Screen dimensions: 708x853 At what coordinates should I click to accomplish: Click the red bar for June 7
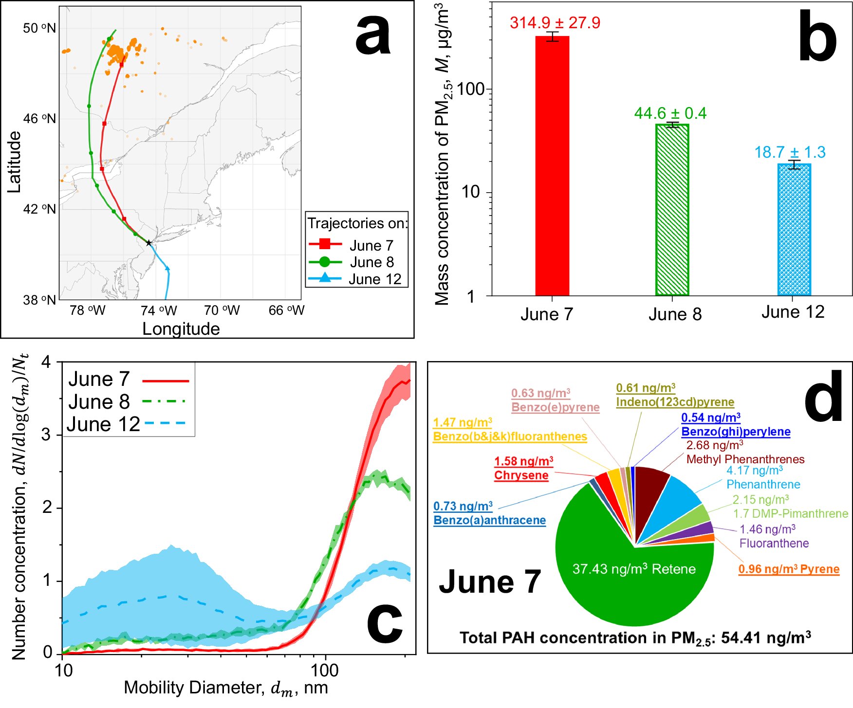pos(552,165)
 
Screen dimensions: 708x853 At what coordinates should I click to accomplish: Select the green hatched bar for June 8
pos(672,209)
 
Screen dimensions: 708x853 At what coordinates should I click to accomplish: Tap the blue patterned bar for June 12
pos(794,229)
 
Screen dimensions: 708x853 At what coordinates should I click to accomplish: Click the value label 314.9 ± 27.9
pos(555,23)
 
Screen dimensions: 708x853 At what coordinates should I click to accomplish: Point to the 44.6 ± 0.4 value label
pos(670,113)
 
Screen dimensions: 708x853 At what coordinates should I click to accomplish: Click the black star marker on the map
pos(149,243)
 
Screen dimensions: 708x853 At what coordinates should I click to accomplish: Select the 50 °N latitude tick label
pos(39,28)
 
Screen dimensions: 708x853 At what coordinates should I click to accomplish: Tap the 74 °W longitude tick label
pos(159,310)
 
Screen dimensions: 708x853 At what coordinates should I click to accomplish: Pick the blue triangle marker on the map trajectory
pos(167,268)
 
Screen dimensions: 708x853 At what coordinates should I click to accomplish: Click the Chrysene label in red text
pos(521,475)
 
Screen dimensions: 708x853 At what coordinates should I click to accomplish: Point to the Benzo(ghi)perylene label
pos(736,432)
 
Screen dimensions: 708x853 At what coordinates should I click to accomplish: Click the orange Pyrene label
pos(789,569)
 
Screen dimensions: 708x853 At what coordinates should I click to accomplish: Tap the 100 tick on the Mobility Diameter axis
pos(325,670)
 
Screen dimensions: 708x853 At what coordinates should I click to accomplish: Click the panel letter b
pos(817,39)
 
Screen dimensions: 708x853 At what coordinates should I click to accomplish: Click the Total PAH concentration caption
pos(635,638)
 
